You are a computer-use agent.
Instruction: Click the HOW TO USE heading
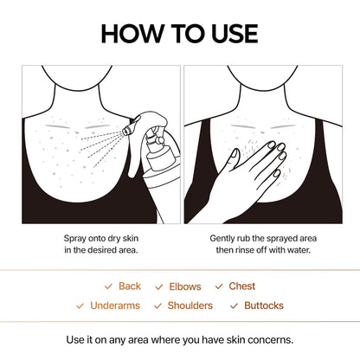pos(179,33)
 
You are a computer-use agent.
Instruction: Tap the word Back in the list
pos(130,286)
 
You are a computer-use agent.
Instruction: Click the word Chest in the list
pos(241,286)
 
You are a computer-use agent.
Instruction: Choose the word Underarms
pos(118,305)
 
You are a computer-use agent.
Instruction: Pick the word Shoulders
pos(190,305)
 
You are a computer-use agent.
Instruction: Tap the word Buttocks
pos(263,305)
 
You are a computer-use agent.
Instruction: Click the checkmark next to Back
pos(108,286)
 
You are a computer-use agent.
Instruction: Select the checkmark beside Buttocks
pos(235,305)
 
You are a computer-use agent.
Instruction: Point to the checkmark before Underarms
pos(81,305)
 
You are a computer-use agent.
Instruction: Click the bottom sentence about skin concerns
pos(179,339)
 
